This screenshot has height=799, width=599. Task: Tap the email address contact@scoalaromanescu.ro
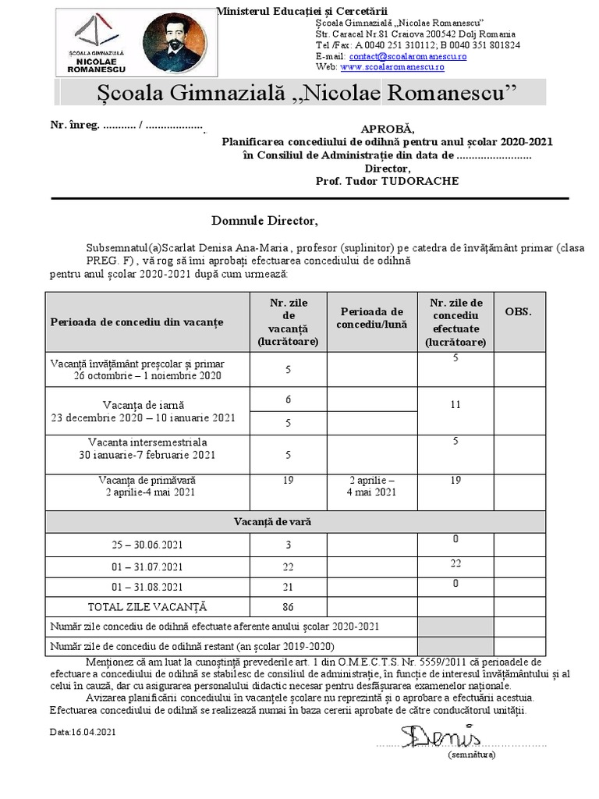[x=399, y=56]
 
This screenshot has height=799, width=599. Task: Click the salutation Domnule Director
[x=265, y=219]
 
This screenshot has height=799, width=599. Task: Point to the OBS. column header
[x=519, y=311]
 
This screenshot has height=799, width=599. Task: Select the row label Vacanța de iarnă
[x=142, y=404]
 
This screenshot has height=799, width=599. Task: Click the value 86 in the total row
[x=289, y=606]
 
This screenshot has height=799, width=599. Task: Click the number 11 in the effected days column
[x=455, y=405]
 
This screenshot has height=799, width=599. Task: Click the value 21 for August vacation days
[x=289, y=587]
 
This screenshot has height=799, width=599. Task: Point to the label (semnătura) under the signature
[x=471, y=755]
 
